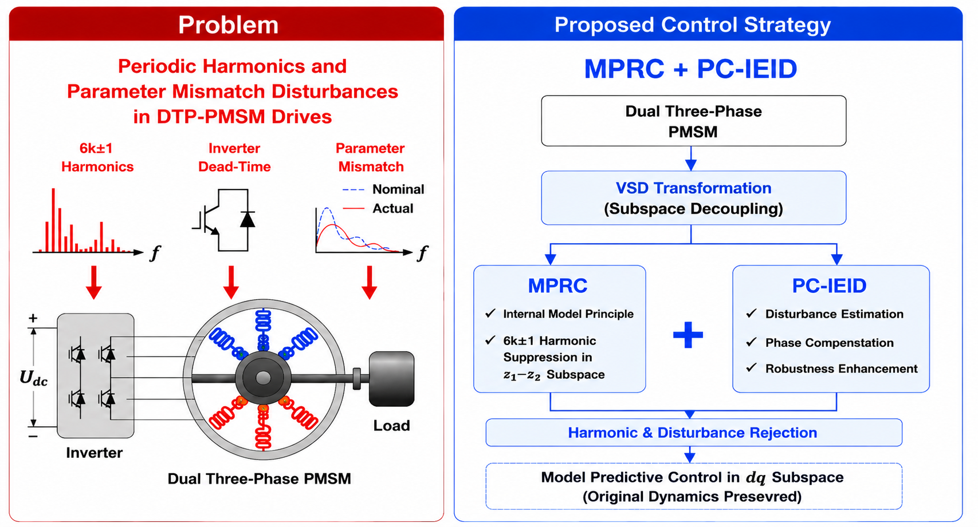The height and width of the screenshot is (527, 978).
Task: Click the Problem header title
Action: pyautogui.click(x=228, y=25)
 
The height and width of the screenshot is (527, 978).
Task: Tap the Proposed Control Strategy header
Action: pyautogui.click(x=693, y=25)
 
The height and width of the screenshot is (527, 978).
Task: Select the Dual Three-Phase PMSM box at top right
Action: pyautogui.click(x=693, y=121)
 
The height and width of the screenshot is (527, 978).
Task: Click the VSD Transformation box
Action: pyautogui.click(x=693, y=198)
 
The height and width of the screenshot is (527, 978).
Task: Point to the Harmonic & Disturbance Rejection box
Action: pyautogui.click(x=693, y=433)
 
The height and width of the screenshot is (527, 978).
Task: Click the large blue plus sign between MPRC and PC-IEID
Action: pyautogui.click(x=688, y=335)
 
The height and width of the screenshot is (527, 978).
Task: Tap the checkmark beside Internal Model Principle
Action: pyautogui.click(x=490, y=314)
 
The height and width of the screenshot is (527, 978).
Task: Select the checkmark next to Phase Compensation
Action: pyautogui.click(x=751, y=342)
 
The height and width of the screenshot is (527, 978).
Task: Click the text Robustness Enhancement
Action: pyautogui.click(x=841, y=368)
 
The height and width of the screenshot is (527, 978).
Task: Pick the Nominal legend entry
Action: pyautogui.click(x=383, y=189)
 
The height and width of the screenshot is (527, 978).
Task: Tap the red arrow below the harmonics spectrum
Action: pyautogui.click(x=94, y=283)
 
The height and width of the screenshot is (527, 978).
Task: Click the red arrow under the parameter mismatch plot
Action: pyautogui.click(x=370, y=283)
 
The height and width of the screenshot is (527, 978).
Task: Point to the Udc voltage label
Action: pyautogui.click(x=34, y=378)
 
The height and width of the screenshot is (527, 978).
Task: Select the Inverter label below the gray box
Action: pyautogui.click(x=95, y=453)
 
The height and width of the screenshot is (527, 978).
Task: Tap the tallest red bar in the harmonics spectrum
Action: pyautogui.click(x=53, y=220)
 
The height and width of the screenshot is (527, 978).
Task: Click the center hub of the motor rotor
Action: pyautogui.click(x=263, y=378)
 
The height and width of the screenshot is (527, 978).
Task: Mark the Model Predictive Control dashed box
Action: pyautogui.click(x=693, y=486)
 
